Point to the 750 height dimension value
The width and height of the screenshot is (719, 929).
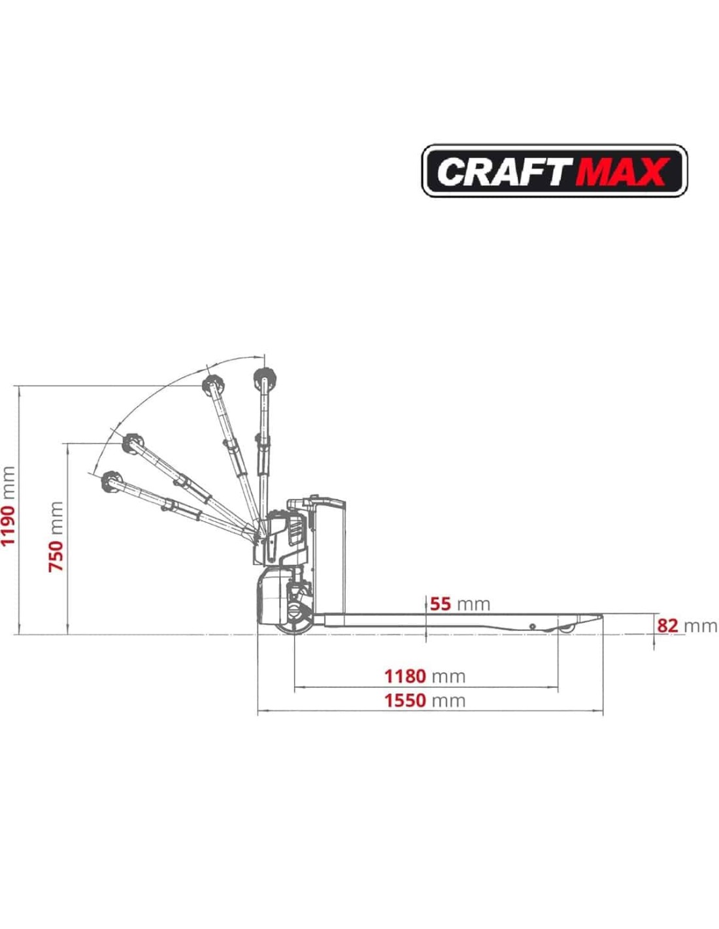tap(56, 555)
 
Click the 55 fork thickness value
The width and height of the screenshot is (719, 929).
tap(441, 604)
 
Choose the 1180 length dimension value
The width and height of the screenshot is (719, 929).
tap(405, 676)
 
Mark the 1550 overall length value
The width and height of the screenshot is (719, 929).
tap(405, 701)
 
